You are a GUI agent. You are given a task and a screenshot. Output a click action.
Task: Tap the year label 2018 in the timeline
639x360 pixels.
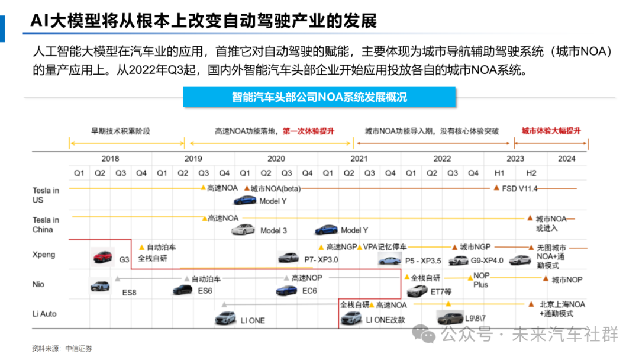[x=110, y=159]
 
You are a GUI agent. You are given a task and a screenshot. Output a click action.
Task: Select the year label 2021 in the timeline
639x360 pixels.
[x=359, y=159]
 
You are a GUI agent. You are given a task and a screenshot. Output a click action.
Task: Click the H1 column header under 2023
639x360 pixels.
[x=499, y=173]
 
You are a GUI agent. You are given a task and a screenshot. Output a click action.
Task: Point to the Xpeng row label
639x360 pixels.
[x=44, y=255]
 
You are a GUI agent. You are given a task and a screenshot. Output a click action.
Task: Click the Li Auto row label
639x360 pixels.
[x=44, y=314]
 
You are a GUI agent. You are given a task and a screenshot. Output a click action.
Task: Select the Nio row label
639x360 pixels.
[x=38, y=284]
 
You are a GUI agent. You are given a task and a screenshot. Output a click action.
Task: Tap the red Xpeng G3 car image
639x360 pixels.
[x=104, y=256]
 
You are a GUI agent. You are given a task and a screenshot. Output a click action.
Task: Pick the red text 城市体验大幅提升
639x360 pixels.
[x=551, y=131]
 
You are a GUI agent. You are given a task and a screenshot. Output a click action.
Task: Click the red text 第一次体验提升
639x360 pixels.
[x=308, y=131]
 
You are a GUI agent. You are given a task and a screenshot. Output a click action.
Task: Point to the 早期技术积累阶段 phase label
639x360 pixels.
[x=120, y=131]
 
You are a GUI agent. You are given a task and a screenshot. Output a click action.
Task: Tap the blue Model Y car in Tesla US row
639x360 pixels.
[x=244, y=200]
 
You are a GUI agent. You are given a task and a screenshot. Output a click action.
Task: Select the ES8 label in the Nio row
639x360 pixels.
[x=130, y=292]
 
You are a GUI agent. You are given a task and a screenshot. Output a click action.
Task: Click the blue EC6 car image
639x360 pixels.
[x=286, y=290]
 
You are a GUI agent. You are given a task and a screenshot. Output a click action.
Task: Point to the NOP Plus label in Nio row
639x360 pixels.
[x=481, y=280]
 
